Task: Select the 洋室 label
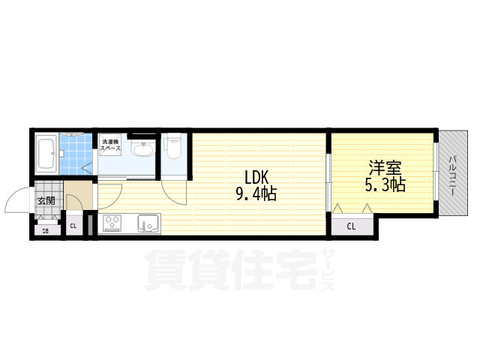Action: pos(382,166)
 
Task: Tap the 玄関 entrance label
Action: pos(46,202)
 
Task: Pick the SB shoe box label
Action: pos(45,230)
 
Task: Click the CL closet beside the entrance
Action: pos(74,226)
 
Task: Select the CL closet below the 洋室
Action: pos(352,225)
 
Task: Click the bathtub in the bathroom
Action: pos(47,153)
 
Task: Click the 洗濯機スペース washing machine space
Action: pos(112,144)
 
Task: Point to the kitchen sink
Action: pos(147,223)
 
